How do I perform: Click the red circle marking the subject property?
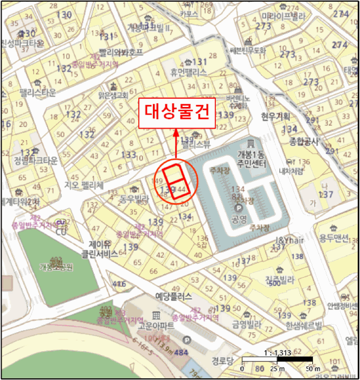pyautogui.click(x=175, y=182)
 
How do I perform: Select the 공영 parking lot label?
pyautogui.click(x=239, y=220)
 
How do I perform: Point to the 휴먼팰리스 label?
pyautogui.click(x=188, y=71)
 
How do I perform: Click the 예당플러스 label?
pyautogui.click(x=174, y=297)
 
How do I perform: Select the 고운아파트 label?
pyautogui.click(x=156, y=326)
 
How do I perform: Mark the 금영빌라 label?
pyautogui.click(x=247, y=325)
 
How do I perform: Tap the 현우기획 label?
pyautogui.click(x=275, y=116)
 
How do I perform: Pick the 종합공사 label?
pyautogui.click(x=305, y=141)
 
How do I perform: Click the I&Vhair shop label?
pyautogui.click(x=289, y=240)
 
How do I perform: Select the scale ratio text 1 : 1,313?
pyautogui.click(x=277, y=352)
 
